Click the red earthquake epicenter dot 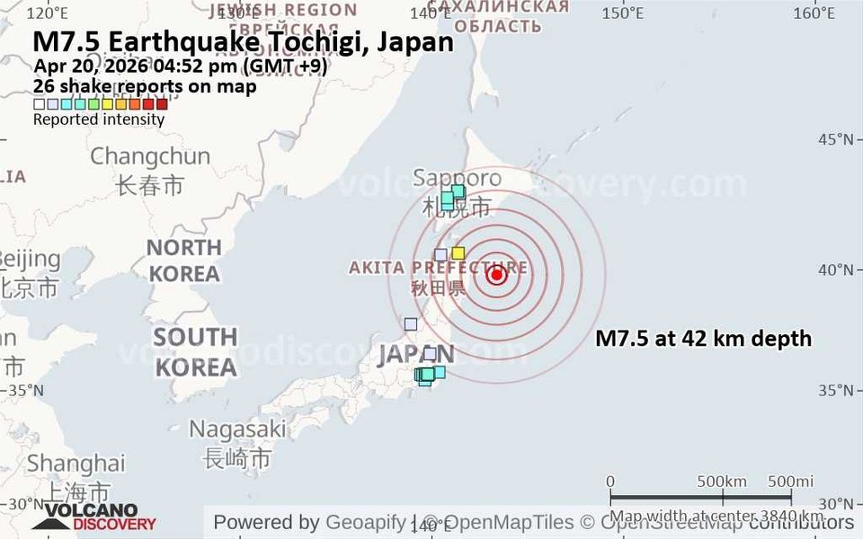pyautogui.click(x=497, y=275)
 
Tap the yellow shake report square pyautogui.click(x=458, y=253)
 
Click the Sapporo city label pyautogui.click(x=457, y=178)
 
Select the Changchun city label pyautogui.click(x=150, y=156)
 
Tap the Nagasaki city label pyautogui.click(x=237, y=429)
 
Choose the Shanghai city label pyautogui.click(x=76, y=464)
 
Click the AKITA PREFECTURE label pyautogui.click(x=438, y=268)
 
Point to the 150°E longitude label pyautogui.click(x=623, y=13)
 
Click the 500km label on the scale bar pyautogui.click(x=723, y=481)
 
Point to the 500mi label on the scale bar pyautogui.click(x=791, y=481)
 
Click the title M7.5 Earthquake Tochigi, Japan pyautogui.click(x=243, y=42)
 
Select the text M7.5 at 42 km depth pyautogui.click(x=704, y=339)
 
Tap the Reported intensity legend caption pyautogui.click(x=99, y=119)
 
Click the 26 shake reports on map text pyautogui.click(x=145, y=86)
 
